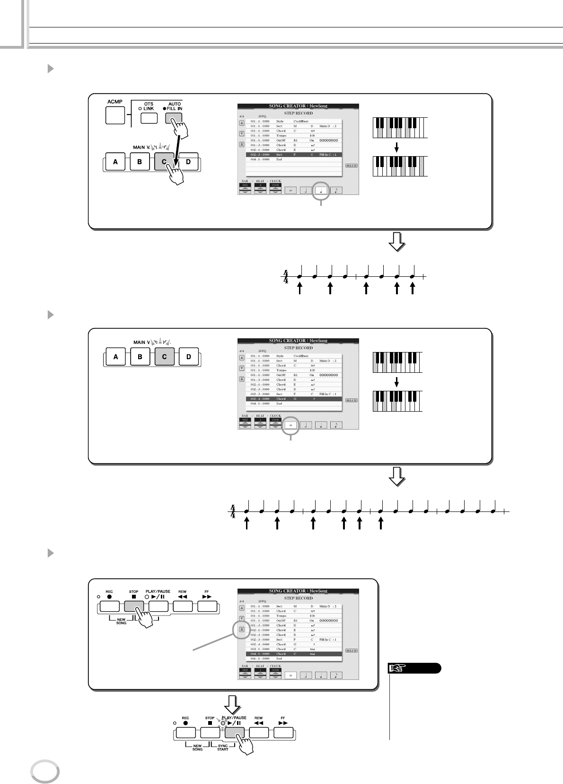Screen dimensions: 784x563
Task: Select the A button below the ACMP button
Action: click(x=115, y=162)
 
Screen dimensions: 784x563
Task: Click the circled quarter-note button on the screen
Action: click(x=321, y=191)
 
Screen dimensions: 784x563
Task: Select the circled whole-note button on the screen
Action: click(x=290, y=425)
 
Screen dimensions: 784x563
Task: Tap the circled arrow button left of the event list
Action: click(x=241, y=629)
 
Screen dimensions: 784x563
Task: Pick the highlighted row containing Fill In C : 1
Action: click(x=294, y=155)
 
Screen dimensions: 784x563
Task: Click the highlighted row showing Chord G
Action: click(x=294, y=399)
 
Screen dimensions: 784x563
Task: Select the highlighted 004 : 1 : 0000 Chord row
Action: click(x=294, y=654)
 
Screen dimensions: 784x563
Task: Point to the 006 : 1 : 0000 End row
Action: click(x=294, y=659)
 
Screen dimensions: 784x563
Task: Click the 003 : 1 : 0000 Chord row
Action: click(x=294, y=649)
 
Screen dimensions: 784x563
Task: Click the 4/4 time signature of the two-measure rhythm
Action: click(x=285, y=276)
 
